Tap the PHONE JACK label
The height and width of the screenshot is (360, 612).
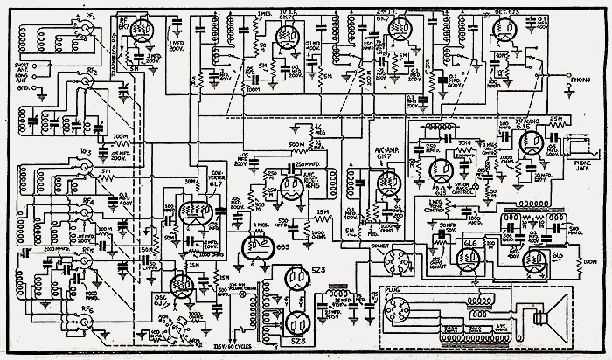coord(581,171)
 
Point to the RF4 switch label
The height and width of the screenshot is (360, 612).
coord(87,201)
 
